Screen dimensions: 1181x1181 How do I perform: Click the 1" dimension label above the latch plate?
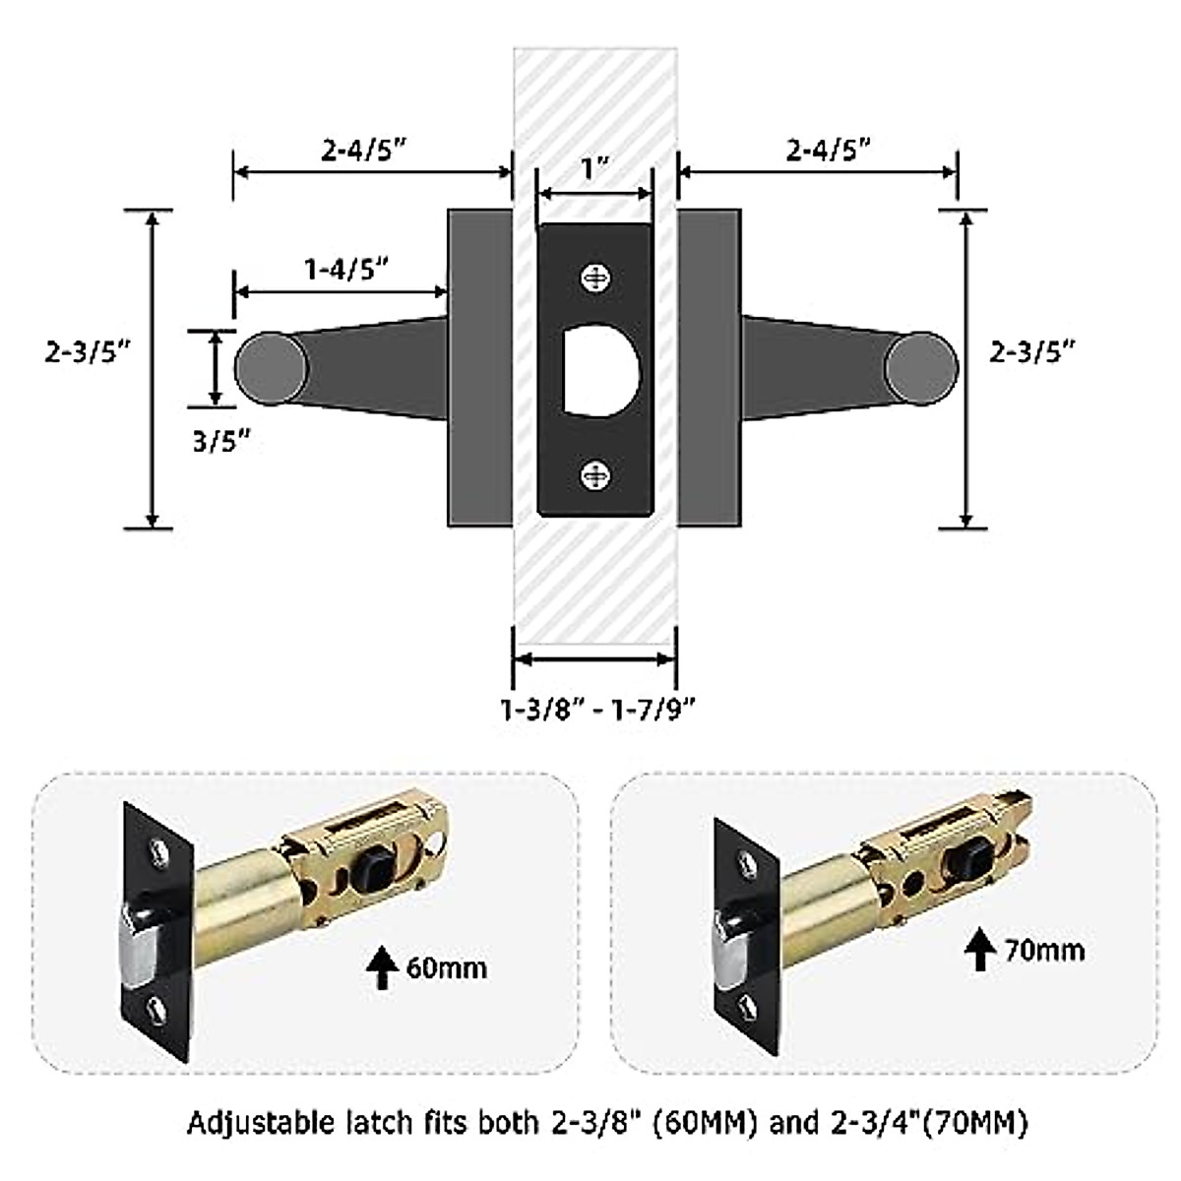coord(595,168)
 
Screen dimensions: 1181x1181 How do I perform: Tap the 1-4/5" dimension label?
coord(346,269)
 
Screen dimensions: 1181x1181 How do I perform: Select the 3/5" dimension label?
coord(221,441)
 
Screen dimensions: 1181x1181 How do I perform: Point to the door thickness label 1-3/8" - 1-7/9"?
coord(598,710)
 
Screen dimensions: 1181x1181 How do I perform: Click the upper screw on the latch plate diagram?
coord(595,280)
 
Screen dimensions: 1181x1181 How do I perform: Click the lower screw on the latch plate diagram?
coord(595,475)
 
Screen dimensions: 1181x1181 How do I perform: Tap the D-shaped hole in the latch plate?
coord(600,371)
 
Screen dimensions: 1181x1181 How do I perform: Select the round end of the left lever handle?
coord(271,368)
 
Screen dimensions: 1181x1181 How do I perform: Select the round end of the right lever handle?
coord(921,368)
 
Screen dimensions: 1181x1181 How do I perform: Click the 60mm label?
coord(446,969)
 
